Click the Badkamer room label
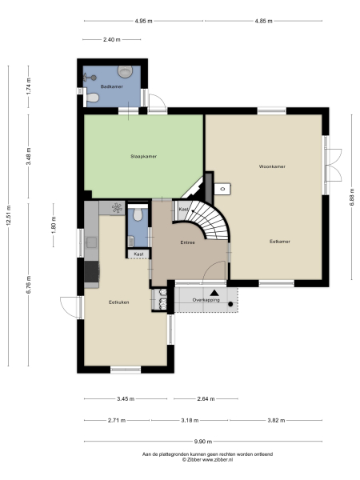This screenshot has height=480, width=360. [110, 86]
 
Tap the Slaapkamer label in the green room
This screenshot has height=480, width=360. [144, 156]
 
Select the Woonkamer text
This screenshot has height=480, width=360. [272, 166]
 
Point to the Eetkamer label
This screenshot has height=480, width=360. [279, 240]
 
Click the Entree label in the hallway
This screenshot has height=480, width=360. [188, 242]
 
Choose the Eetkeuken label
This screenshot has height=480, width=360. [119, 302]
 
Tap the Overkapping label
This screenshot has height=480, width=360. [207, 300]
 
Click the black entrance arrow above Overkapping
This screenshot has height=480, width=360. [214, 292]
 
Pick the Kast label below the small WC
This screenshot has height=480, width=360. [138, 254]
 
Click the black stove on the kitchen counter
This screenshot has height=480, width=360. [92, 272]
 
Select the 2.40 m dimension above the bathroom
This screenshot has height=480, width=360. [111, 38]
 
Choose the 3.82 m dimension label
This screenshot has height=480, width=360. [276, 419]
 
